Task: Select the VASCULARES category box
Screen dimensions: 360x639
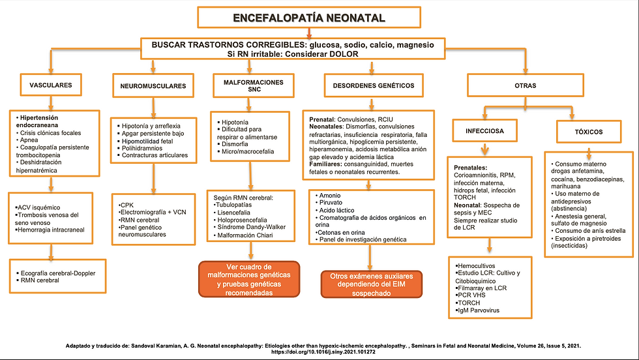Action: pos(50,85)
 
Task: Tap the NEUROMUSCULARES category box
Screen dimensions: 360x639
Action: pos(153,86)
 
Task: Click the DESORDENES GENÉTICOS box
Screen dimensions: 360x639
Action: pos(369,85)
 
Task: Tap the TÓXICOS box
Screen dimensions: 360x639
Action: pos(589,131)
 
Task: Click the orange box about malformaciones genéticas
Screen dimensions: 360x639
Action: pos(248,280)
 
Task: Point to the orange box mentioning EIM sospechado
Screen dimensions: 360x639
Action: pos(372,284)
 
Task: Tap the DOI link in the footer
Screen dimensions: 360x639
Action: pos(319,352)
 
